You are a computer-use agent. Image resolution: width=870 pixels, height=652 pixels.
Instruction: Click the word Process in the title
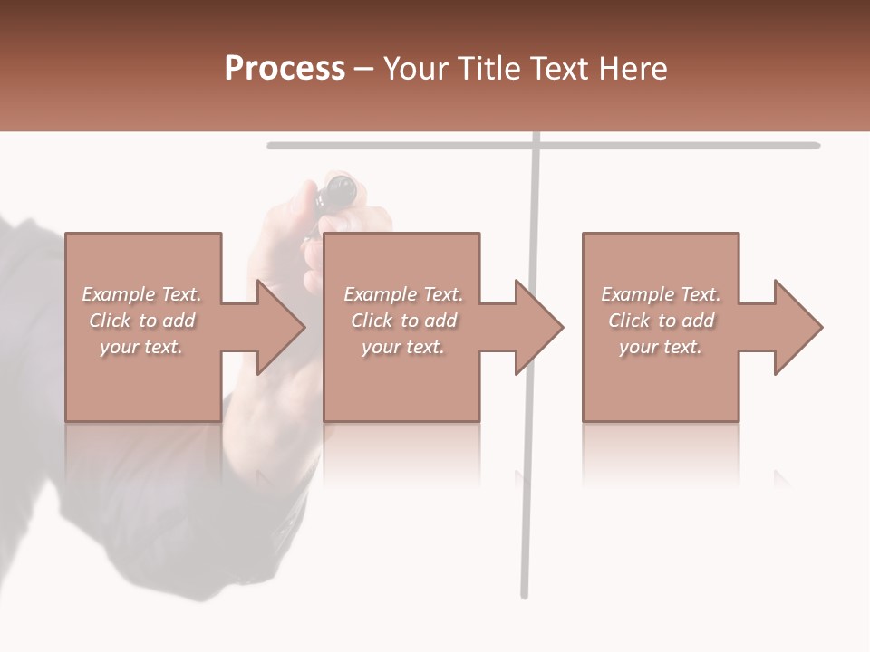pos(285,69)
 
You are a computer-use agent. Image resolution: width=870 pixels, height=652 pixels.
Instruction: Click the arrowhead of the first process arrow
pos(279,327)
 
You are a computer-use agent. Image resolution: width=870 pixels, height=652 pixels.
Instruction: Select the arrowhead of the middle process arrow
pos(537,327)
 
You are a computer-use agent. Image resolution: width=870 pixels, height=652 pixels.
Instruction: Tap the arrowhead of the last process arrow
pos(797,327)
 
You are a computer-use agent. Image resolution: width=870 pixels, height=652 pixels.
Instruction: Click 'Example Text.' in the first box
pos(141,294)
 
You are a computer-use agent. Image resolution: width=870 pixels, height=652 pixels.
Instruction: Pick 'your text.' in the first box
pos(141,347)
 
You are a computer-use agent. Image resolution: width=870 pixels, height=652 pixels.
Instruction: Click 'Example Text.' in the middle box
pos(403,294)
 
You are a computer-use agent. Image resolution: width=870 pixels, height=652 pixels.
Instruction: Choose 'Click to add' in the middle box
pos(403,321)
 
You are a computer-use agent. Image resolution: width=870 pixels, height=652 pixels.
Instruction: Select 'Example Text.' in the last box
pos(661,294)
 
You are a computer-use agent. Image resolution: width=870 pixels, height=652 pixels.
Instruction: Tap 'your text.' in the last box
pos(661,347)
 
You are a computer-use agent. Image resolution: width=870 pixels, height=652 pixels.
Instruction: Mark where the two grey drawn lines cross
pos(536,145)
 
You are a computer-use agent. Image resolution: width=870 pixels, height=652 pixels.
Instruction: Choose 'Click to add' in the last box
pos(661,321)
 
